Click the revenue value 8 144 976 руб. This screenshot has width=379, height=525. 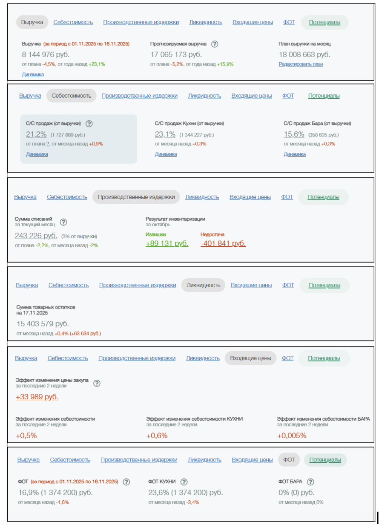46,55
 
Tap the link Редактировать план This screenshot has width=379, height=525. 301,64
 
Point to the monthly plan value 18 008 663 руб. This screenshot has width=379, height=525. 304,55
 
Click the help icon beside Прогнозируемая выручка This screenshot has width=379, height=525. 215,44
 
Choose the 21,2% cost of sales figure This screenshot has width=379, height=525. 36,134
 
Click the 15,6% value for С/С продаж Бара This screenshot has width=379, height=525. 294,134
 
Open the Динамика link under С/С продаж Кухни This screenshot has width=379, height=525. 166,154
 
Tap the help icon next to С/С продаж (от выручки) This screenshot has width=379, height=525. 89,124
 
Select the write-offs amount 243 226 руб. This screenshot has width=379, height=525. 36,236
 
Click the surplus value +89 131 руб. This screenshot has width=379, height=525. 167,243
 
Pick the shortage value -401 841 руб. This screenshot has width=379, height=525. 223,243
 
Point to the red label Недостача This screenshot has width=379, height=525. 212,234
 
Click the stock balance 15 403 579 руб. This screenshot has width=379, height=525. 43,324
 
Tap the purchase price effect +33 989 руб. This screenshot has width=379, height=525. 37,397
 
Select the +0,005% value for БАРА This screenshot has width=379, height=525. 292,436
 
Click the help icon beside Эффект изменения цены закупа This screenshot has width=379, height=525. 97,383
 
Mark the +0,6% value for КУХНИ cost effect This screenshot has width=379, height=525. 157,436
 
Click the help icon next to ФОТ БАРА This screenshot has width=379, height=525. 310,482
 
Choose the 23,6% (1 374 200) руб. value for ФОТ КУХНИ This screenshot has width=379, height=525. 185,493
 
